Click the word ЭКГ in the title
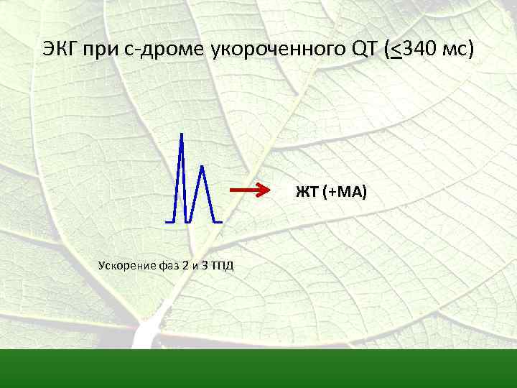60,50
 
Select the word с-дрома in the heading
166,50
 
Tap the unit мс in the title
455,50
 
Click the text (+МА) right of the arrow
345,192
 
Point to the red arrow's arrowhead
271,191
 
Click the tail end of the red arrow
231,191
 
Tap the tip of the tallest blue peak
181,134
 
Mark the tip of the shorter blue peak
202,167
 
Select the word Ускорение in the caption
126,266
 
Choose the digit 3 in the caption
206,266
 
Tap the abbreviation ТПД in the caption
223,266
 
